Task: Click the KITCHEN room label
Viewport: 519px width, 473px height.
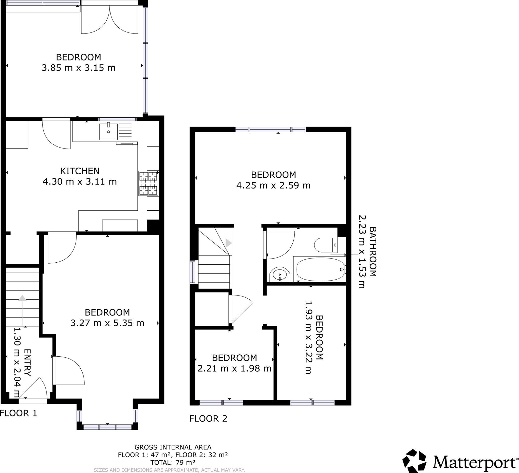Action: point(80,171)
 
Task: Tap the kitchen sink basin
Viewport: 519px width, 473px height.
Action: point(108,132)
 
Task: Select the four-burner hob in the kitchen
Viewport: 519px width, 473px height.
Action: point(148,183)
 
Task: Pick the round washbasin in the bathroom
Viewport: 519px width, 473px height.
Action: point(280,275)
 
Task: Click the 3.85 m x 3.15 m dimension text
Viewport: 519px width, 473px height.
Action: point(79,68)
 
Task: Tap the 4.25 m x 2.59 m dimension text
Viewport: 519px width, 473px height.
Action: point(273,185)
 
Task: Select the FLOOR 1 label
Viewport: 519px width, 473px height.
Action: point(18,413)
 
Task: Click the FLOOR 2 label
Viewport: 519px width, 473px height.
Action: point(208,419)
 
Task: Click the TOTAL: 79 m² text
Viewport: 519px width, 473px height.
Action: point(173,462)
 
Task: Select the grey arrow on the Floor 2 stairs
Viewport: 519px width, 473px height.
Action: point(228,243)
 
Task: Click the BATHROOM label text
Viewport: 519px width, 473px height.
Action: point(373,252)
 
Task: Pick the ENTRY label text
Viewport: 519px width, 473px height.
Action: point(27,363)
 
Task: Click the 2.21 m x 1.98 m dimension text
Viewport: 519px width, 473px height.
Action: point(234,369)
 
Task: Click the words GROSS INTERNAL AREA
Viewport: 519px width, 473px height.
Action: point(173,447)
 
